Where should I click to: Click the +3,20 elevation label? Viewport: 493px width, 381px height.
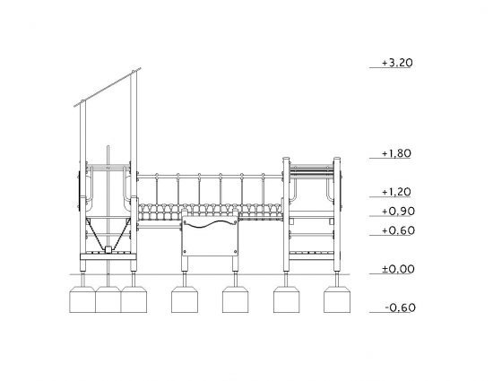[397, 63]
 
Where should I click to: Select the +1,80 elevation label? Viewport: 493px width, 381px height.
[396, 153]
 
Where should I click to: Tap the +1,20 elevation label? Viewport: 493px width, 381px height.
[396, 192]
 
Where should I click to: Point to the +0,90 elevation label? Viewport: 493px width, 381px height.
[398, 212]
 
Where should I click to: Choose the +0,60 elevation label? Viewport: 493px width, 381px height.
[398, 230]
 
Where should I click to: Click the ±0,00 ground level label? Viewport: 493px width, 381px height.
[398, 269]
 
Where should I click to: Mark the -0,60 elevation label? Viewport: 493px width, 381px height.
[400, 307]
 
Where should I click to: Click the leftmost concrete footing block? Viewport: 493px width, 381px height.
[82, 299]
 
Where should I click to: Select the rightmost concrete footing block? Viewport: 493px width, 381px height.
[337, 299]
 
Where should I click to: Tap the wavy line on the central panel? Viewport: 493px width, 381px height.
[210, 224]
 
